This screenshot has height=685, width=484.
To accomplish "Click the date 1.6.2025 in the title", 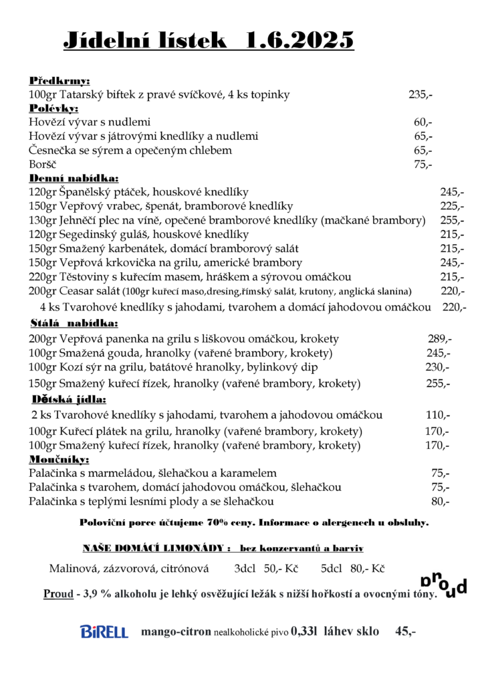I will click(299, 41).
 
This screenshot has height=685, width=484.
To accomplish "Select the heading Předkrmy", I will click(59, 81).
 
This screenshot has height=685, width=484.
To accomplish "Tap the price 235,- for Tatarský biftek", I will click(420, 95).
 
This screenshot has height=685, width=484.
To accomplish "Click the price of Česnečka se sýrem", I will click(422, 151).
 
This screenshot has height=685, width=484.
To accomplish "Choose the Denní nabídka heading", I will click(74, 179).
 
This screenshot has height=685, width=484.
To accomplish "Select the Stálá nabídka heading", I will click(74, 323).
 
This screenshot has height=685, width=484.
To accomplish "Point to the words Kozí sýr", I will click(86, 367).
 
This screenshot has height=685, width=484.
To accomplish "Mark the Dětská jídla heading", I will click(69, 400).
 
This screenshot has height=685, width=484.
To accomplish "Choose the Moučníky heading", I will click(59, 460).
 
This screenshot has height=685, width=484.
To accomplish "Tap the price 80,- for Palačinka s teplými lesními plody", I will click(440, 501).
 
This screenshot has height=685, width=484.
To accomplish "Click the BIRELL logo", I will click(104, 631).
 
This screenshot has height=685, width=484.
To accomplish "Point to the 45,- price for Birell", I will click(405, 631).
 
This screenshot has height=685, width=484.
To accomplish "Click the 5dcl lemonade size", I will click(332, 569).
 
